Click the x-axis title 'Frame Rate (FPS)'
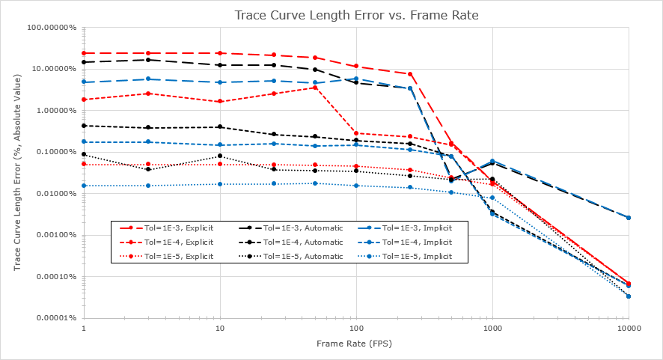356,343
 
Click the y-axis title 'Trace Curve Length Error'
17,174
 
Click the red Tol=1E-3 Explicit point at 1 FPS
84,53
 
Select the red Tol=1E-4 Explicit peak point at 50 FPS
315,88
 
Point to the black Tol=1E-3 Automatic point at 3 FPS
148,60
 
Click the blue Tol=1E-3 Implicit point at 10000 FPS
629,218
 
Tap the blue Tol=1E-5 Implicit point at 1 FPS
84,186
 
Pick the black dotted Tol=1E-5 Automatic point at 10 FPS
220,156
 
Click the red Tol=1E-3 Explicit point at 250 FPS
410,74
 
